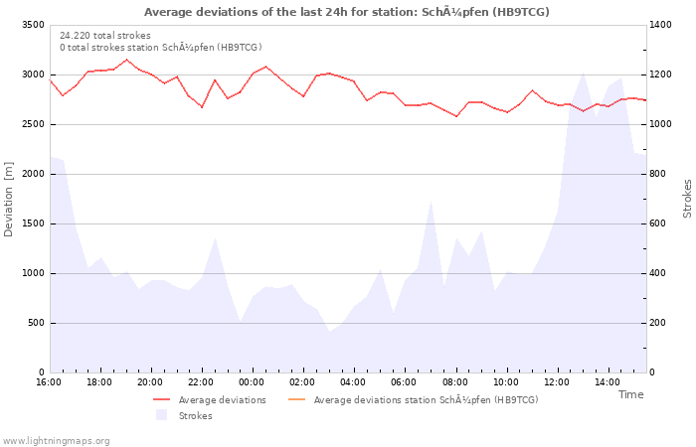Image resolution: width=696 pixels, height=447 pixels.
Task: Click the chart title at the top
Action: pyautogui.click(x=347, y=12)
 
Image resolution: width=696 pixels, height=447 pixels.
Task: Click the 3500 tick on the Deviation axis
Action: pyautogui.click(x=32, y=25)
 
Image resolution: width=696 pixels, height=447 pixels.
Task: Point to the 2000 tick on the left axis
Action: pyautogui.click(x=32, y=174)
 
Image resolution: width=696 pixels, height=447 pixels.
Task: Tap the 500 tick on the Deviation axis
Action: pyautogui.click(x=35, y=323)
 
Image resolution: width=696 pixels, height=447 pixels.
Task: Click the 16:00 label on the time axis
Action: pyautogui.click(x=49, y=382)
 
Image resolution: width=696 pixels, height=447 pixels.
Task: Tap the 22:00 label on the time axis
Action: pyautogui.click(x=201, y=382)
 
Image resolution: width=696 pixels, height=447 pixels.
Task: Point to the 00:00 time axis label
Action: pyautogui.click(x=252, y=382)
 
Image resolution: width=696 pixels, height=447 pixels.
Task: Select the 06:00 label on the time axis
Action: pyautogui.click(x=404, y=382)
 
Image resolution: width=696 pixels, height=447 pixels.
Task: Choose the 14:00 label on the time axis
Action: pyautogui.click(x=607, y=382)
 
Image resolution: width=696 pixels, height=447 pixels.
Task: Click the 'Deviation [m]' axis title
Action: pyautogui.click(x=10, y=199)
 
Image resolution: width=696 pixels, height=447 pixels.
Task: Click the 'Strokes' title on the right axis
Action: pyautogui.click(x=687, y=199)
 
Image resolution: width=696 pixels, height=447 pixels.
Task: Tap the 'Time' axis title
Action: pyautogui.click(x=630, y=394)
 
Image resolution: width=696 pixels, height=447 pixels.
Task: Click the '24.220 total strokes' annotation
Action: pyautogui.click(x=105, y=36)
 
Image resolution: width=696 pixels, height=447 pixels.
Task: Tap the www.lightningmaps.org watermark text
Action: pyautogui.click(x=56, y=440)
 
